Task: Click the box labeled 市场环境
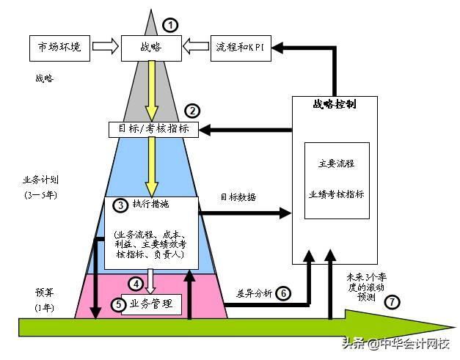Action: click(60, 48)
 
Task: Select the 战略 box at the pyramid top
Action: click(150, 48)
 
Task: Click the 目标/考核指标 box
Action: click(153, 130)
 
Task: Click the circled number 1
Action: click(170, 25)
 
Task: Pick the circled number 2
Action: click(192, 111)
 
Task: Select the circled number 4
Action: click(135, 283)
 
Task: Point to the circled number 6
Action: click(283, 293)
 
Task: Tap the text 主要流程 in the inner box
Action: click(337, 164)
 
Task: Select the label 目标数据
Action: click(238, 198)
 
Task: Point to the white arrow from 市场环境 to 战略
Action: click(106, 48)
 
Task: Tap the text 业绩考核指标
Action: click(337, 194)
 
